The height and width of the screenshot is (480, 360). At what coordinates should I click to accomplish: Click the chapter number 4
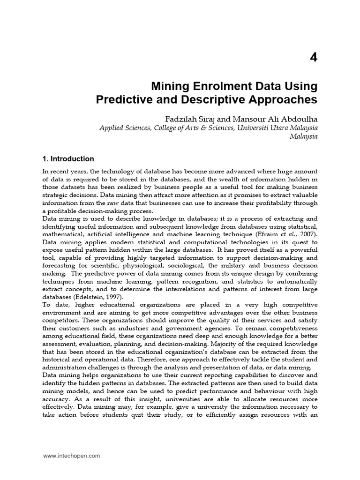pyautogui.click(x=313, y=58)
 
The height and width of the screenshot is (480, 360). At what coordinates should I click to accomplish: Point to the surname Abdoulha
pyautogui.click(x=297, y=118)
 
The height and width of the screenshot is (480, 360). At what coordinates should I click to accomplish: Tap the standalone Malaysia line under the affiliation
pyautogui.click(x=303, y=136)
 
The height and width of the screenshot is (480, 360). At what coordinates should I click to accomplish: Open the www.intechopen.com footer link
pyautogui.click(x=71, y=456)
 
